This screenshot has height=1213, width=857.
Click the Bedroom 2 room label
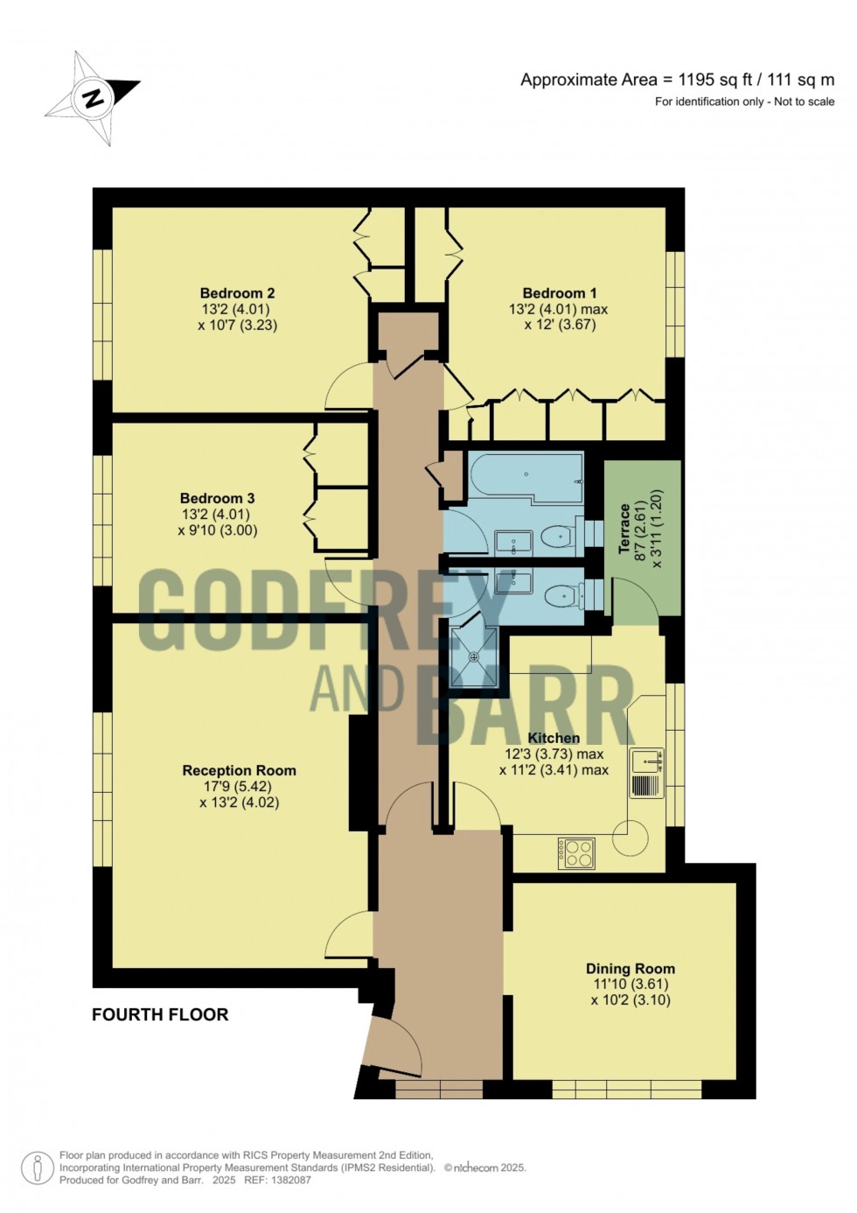point(237,293)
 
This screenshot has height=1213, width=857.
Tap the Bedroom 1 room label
point(560,293)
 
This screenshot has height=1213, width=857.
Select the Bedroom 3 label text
point(217,499)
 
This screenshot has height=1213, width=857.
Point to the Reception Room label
point(239,770)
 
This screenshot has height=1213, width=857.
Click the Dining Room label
point(630,969)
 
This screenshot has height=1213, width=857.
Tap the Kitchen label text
point(554,738)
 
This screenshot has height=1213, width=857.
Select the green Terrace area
point(643,543)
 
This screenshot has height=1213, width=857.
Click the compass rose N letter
point(93,97)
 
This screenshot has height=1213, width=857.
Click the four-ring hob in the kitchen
point(577,853)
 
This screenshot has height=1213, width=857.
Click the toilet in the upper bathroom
point(556,536)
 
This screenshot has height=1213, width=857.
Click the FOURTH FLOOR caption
point(160,1014)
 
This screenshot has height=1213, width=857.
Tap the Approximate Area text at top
point(677,80)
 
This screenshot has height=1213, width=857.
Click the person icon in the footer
point(38,1167)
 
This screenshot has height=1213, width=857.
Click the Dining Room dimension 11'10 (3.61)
point(630,985)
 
